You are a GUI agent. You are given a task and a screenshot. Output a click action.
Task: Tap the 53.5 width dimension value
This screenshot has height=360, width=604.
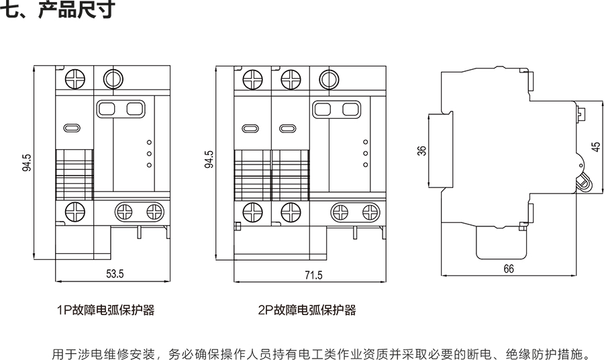tap(115, 273)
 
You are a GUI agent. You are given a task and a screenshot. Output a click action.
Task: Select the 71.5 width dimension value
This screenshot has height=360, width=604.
tap(313, 274)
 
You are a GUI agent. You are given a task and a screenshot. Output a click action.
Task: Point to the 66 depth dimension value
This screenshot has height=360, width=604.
tap(508, 269)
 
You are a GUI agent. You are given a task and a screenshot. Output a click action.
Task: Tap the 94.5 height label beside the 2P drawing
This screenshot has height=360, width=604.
tap(209, 160)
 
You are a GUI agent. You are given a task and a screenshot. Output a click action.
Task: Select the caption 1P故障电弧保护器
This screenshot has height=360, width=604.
tap(106, 310)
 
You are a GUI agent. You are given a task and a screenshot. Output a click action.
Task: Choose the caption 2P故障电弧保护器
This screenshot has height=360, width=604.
tap(307, 310)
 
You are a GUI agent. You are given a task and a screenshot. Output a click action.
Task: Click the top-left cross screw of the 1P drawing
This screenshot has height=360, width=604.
tap(74, 79)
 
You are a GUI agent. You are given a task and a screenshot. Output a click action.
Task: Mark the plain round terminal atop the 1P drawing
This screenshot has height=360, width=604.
tap(111, 79)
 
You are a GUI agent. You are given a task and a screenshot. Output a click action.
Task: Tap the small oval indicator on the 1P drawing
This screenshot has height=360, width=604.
tap(72, 128)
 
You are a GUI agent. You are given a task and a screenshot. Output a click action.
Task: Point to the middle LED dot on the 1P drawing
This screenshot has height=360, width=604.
tap(148, 153)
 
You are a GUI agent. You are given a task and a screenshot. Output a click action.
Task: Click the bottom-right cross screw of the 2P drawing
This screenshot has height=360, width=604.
tap(368, 212)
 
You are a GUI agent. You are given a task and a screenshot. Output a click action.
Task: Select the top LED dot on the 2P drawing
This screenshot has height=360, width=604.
tap(364, 142)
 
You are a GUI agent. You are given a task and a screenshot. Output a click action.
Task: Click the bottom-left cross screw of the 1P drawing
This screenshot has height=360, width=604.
tap(74, 212)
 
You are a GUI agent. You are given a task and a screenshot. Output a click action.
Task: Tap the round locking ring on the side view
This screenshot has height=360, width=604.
tap(582, 181)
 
